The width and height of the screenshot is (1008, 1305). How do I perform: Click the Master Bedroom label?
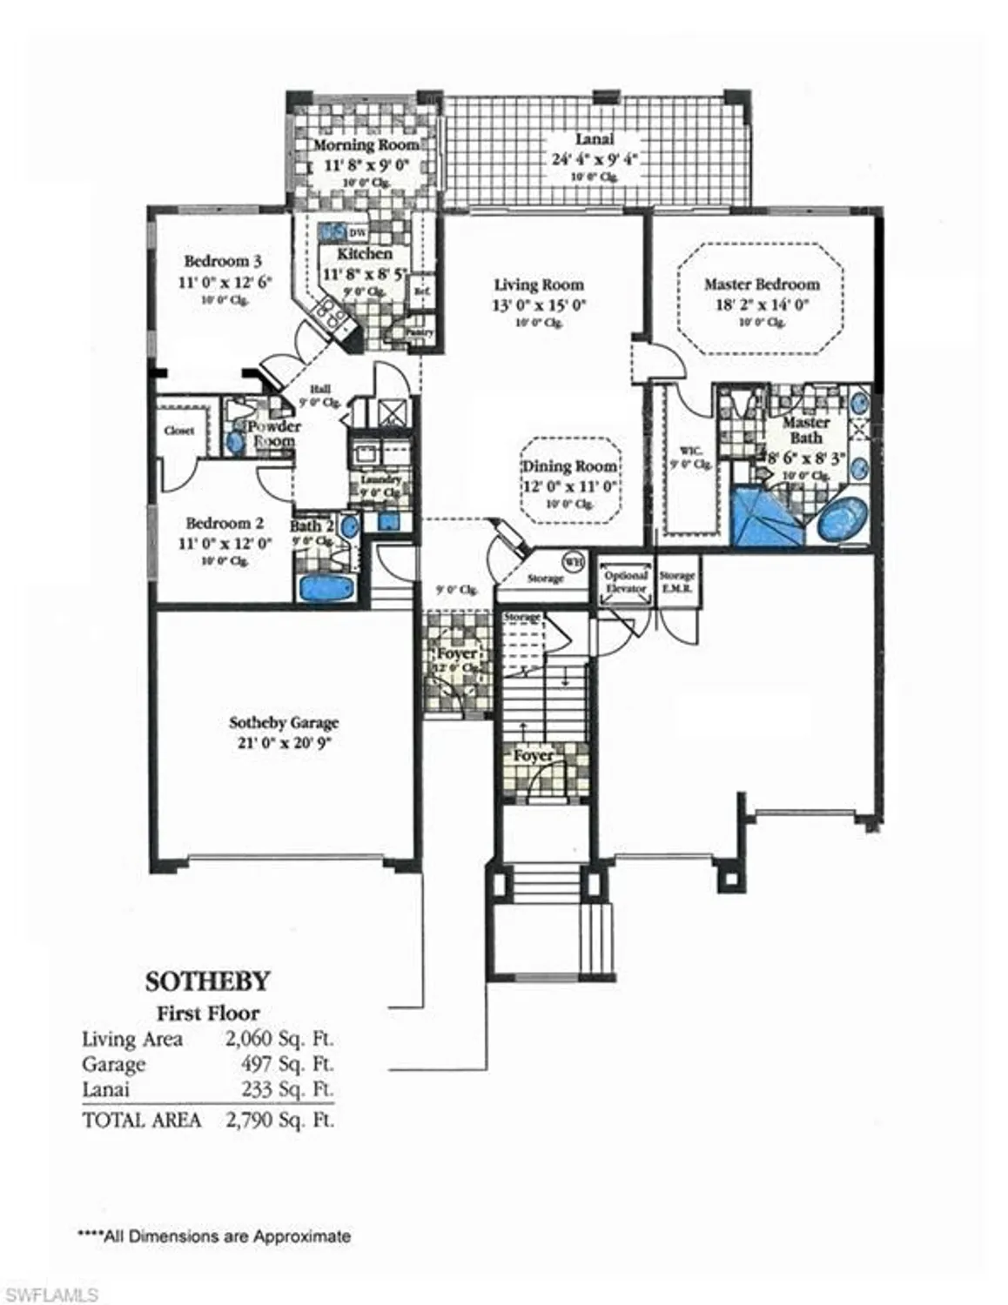(x=762, y=284)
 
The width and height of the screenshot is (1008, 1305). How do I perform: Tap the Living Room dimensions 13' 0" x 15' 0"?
(x=539, y=304)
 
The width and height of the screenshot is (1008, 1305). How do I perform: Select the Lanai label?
(x=595, y=139)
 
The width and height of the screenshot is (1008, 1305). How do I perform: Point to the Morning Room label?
(x=366, y=144)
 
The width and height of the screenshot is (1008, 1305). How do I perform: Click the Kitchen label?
(x=365, y=253)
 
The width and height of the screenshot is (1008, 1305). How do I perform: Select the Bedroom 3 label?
(x=223, y=261)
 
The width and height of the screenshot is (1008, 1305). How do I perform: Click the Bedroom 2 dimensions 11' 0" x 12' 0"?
(x=225, y=543)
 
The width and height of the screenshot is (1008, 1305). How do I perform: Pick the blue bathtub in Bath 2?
(x=327, y=587)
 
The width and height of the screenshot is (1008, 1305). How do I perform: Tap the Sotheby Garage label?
(x=284, y=723)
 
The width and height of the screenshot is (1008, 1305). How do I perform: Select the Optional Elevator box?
(x=626, y=582)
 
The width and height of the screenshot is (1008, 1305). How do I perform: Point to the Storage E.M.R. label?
(x=676, y=581)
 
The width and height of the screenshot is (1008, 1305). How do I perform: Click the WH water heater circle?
(x=572, y=560)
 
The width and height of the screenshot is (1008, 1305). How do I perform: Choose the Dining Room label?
(x=570, y=466)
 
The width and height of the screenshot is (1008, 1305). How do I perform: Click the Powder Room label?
(x=273, y=433)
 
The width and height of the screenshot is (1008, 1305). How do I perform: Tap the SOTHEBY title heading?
(x=207, y=981)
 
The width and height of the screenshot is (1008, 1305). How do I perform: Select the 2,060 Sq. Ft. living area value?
(x=279, y=1039)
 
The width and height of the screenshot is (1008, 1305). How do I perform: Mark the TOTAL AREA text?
(x=141, y=1120)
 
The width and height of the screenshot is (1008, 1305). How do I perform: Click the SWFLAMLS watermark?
(x=50, y=1295)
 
